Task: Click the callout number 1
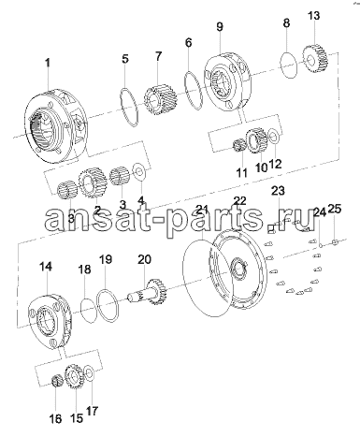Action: (48, 63)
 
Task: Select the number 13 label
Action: (313, 15)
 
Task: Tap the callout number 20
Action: (144, 259)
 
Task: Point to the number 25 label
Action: (335, 209)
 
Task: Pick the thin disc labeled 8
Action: (289, 65)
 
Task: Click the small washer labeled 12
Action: (274, 137)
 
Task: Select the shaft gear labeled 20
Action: (149, 292)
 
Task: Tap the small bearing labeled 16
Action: (57, 381)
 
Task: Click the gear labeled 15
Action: (73, 377)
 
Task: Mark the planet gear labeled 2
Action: (93, 182)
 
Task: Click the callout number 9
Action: (220, 27)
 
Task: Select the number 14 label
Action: (46, 267)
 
